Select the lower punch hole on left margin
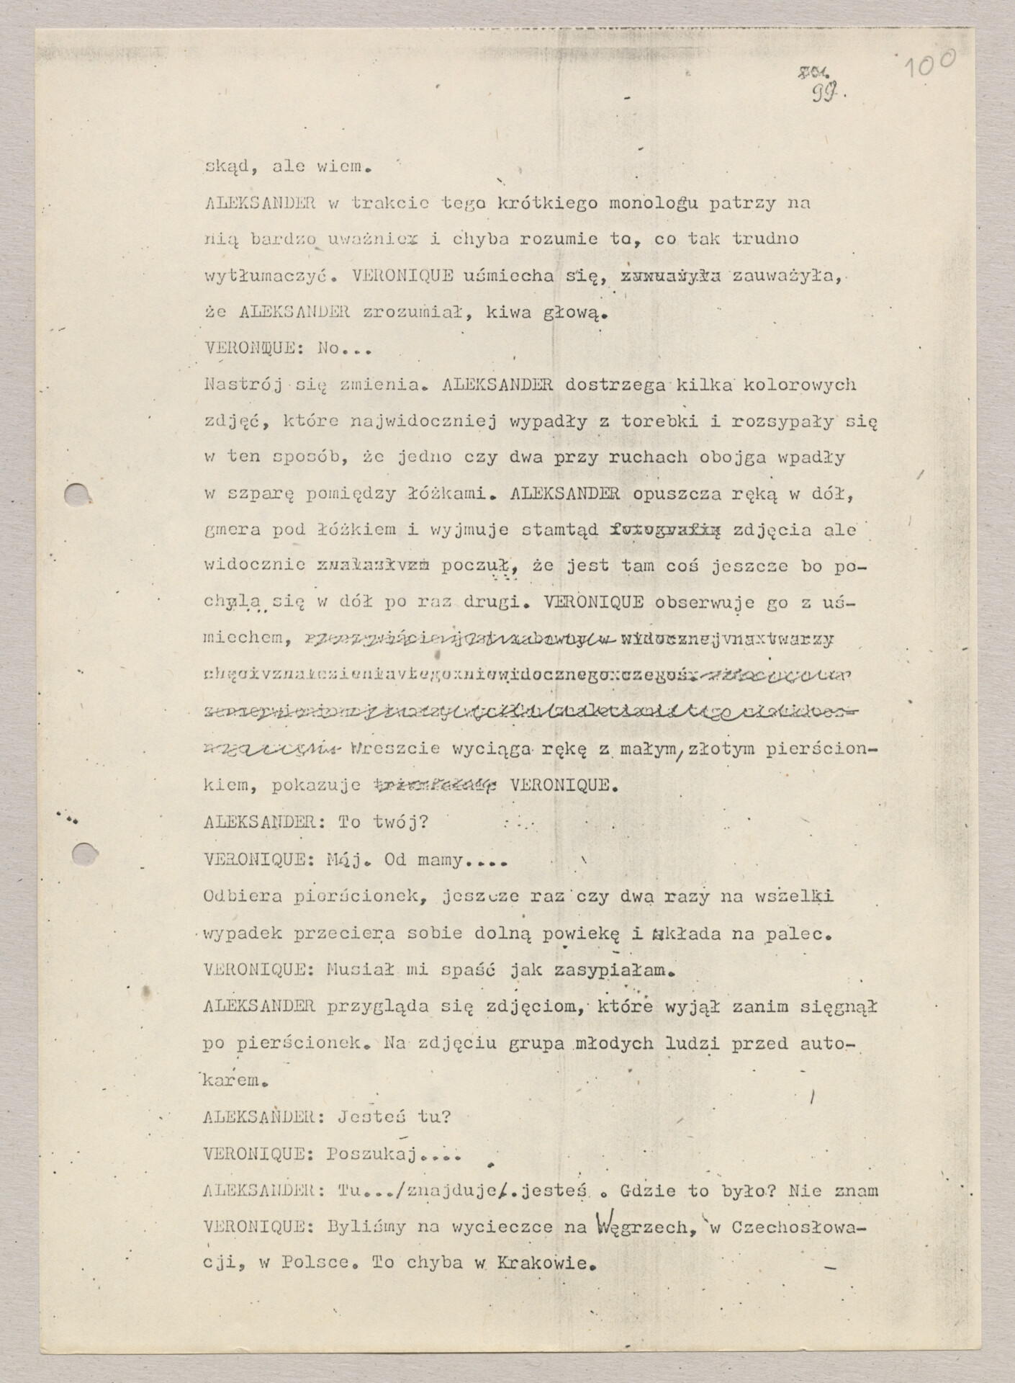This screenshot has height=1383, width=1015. point(85,855)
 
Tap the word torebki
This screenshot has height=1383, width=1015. point(655,421)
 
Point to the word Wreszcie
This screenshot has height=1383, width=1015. point(397,747)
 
